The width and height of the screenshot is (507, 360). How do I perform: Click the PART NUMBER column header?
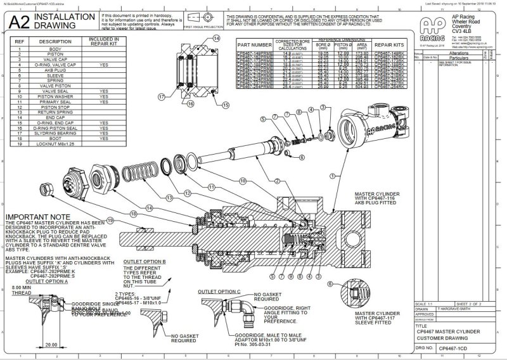pos(253,46)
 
